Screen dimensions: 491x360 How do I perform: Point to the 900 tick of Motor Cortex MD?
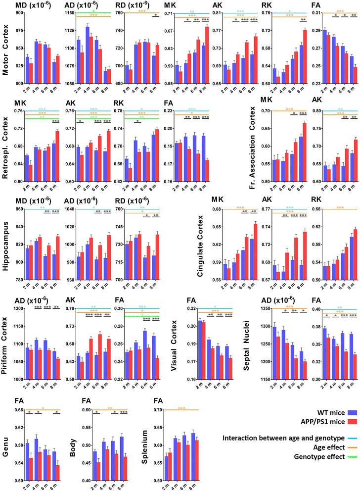pos(16,13)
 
